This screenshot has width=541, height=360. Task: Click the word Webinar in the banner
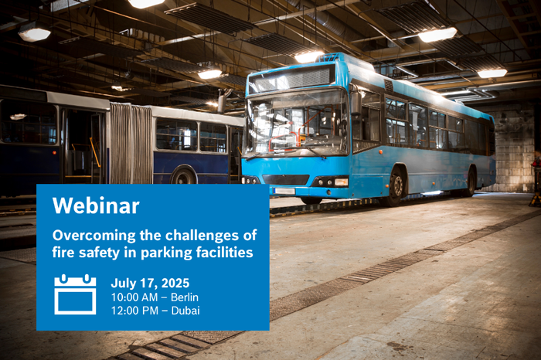coord(96,205)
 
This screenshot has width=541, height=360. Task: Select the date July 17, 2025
coord(150,283)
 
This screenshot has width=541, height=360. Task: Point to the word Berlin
coord(185,297)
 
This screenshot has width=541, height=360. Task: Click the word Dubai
coord(185,311)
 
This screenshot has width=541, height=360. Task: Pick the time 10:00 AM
coord(134,297)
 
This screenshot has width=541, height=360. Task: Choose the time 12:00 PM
coord(134,311)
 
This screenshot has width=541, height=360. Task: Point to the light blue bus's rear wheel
coord(471,182)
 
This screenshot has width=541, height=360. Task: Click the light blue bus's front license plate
coord(284,191)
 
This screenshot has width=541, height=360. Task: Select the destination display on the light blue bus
coord(292,79)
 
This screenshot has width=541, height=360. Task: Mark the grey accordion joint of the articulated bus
coord(131,144)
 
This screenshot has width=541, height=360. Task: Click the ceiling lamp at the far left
coord(35,33)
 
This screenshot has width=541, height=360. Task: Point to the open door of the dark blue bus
coord(83,147)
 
